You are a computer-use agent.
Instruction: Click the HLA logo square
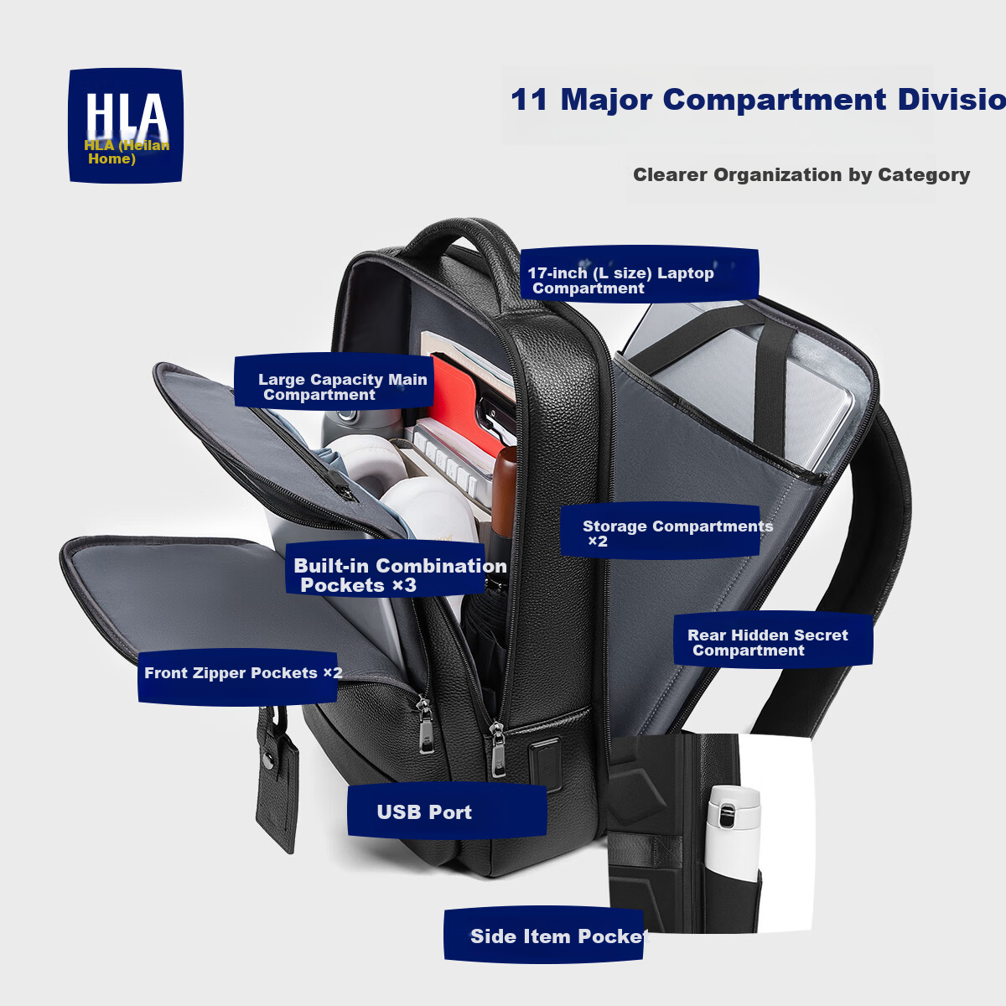coord(125,125)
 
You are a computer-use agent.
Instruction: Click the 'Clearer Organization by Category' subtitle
coord(801,174)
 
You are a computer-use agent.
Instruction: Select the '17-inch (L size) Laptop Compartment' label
coord(639,275)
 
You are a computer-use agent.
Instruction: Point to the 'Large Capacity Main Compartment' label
coord(334,381)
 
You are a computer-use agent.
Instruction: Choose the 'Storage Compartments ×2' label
coord(660,532)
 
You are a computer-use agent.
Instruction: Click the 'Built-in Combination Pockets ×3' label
coord(386,569)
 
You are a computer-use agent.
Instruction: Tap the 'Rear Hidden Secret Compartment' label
coord(773,640)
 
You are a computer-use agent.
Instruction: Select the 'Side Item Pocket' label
coord(543,936)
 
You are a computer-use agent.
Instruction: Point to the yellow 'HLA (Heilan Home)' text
coord(127,152)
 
